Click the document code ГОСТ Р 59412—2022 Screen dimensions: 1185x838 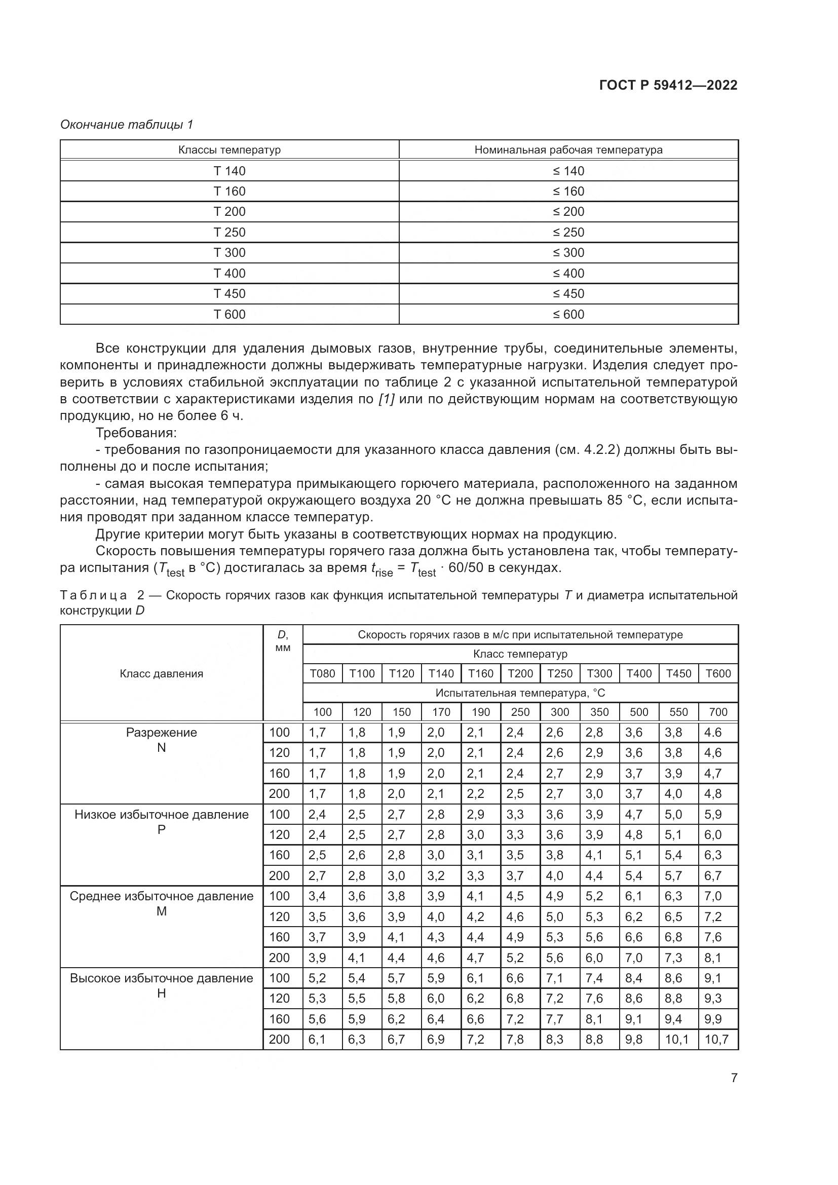pos(668,85)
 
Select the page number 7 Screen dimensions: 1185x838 pos(734,1078)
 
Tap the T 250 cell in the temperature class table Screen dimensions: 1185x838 pos(230,232)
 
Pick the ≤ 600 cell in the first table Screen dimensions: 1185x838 pos(568,314)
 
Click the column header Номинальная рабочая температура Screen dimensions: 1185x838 pos(568,150)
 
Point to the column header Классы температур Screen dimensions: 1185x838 pos(230,150)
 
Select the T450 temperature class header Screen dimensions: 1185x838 pos(678,673)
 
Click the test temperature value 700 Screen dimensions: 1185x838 pos(718,712)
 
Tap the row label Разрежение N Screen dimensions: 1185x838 pos(162,740)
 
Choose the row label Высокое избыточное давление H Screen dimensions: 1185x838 pos(162,985)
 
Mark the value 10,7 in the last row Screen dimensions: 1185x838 pos(716,1040)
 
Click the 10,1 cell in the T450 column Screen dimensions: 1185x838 pos(676,1040)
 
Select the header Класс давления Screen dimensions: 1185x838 pos(162,673)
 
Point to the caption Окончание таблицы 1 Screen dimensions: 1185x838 pos(127,125)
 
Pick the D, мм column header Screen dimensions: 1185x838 pos(283,641)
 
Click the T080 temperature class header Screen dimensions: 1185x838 pos(323,673)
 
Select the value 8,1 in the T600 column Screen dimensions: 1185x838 pos(713,958)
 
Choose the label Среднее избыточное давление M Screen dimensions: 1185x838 pos(162,903)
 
